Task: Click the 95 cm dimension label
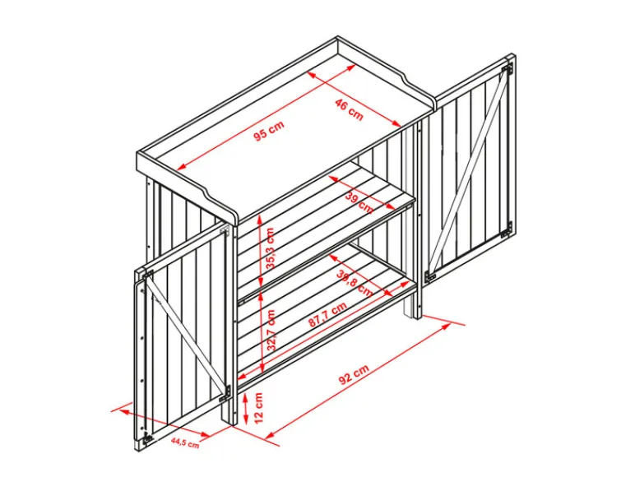(x=269, y=131)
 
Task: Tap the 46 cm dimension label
(x=349, y=109)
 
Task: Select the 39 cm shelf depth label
(x=359, y=202)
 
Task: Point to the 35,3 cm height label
(x=270, y=248)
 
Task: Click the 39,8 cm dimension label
(x=355, y=282)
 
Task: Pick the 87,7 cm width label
(x=327, y=315)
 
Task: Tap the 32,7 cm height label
(x=271, y=330)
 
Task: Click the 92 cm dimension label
(x=354, y=374)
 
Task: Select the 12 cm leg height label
(x=258, y=407)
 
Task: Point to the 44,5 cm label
(x=185, y=442)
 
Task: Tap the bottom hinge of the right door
(x=506, y=230)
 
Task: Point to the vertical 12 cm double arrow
(x=245, y=409)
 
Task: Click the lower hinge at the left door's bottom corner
(x=148, y=438)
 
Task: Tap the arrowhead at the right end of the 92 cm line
(x=447, y=325)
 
